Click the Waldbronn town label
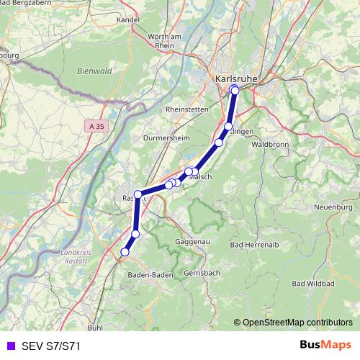(x=270, y=144)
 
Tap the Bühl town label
(x=94, y=327)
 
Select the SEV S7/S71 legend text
(x=50, y=346)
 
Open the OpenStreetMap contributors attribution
(x=297, y=323)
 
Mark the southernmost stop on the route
(x=125, y=252)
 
